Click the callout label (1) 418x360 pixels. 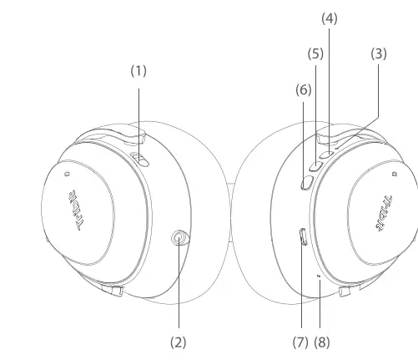[138, 71]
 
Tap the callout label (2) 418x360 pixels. [179, 342]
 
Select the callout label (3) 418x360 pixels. [379, 53]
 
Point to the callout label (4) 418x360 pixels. [330, 18]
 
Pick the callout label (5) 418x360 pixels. [315, 53]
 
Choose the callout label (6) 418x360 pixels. [304, 90]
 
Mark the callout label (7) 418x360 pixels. [300, 342]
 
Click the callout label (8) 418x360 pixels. [322, 342]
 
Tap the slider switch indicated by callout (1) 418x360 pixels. [140, 160]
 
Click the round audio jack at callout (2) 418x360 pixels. [179, 238]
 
